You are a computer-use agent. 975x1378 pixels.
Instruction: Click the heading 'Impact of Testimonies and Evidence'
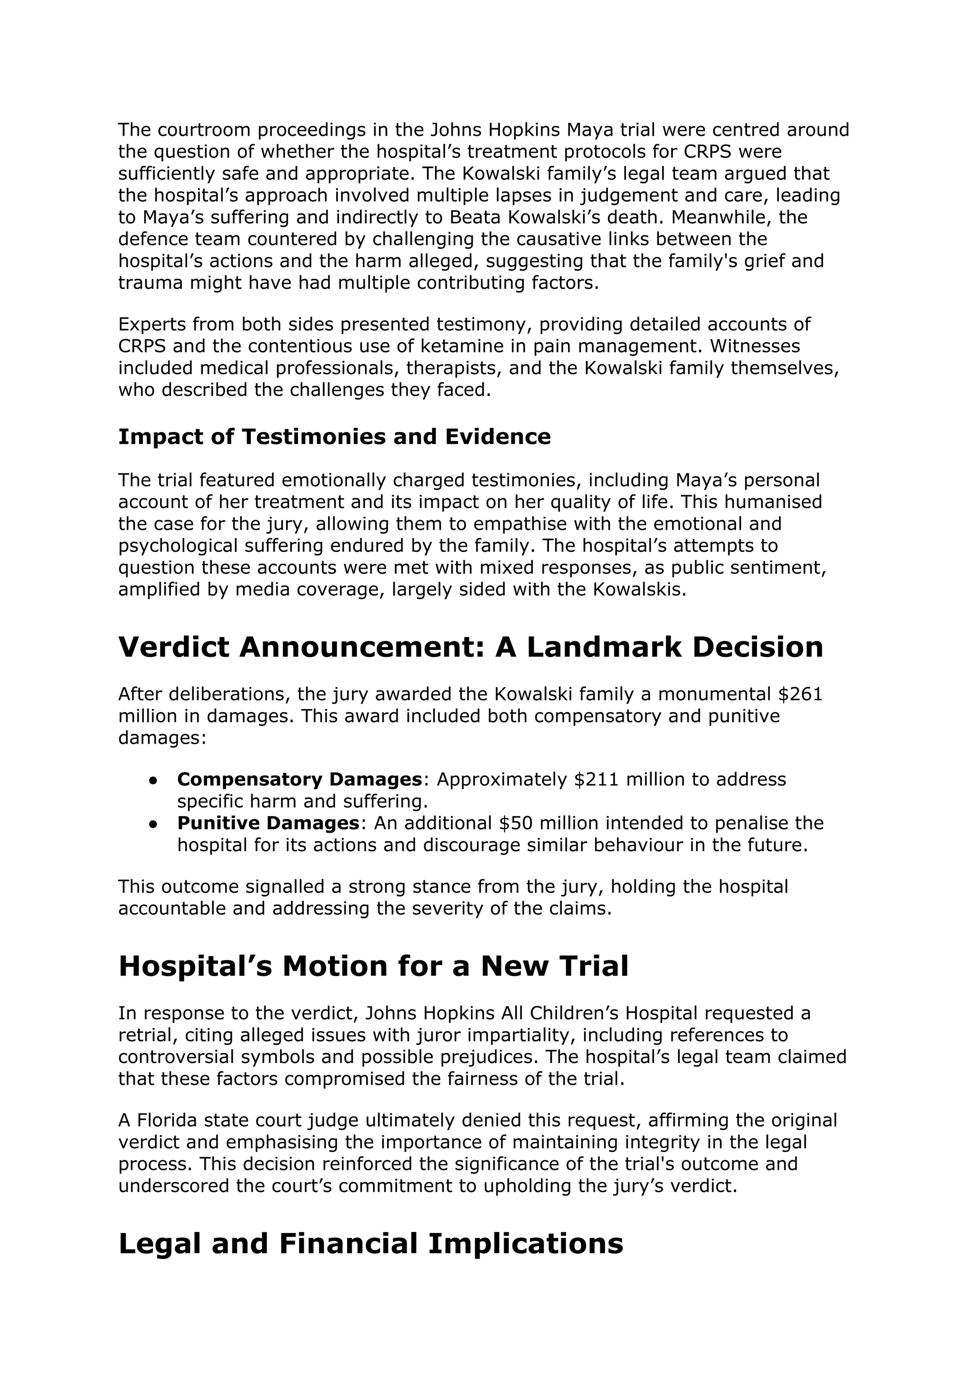pyautogui.click(x=334, y=437)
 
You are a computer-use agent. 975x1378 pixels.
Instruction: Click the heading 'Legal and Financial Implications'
pyautogui.click(x=370, y=1243)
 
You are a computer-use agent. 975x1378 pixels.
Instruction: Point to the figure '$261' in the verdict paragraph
pyautogui.click(x=800, y=694)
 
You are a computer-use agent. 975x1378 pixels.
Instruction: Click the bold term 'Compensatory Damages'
pyautogui.click(x=299, y=779)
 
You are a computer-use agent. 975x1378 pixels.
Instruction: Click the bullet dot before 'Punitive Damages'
pyautogui.click(x=154, y=824)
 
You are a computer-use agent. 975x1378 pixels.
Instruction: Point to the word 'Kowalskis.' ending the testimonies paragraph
pyautogui.click(x=639, y=590)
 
